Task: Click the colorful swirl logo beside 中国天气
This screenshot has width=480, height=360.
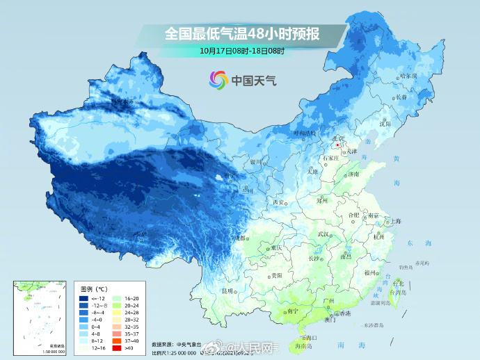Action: [x=218, y=80]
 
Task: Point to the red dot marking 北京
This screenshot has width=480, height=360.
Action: [x=337, y=146]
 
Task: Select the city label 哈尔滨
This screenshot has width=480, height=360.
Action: [x=408, y=75]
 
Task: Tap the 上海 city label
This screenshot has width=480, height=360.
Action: [x=396, y=221]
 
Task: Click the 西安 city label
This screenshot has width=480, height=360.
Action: [x=278, y=202]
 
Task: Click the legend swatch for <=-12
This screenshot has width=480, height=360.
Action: [x=83, y=297]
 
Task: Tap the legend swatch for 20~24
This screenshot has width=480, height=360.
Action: [x=118, y=305]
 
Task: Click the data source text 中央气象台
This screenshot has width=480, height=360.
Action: [x=191, y=344]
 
